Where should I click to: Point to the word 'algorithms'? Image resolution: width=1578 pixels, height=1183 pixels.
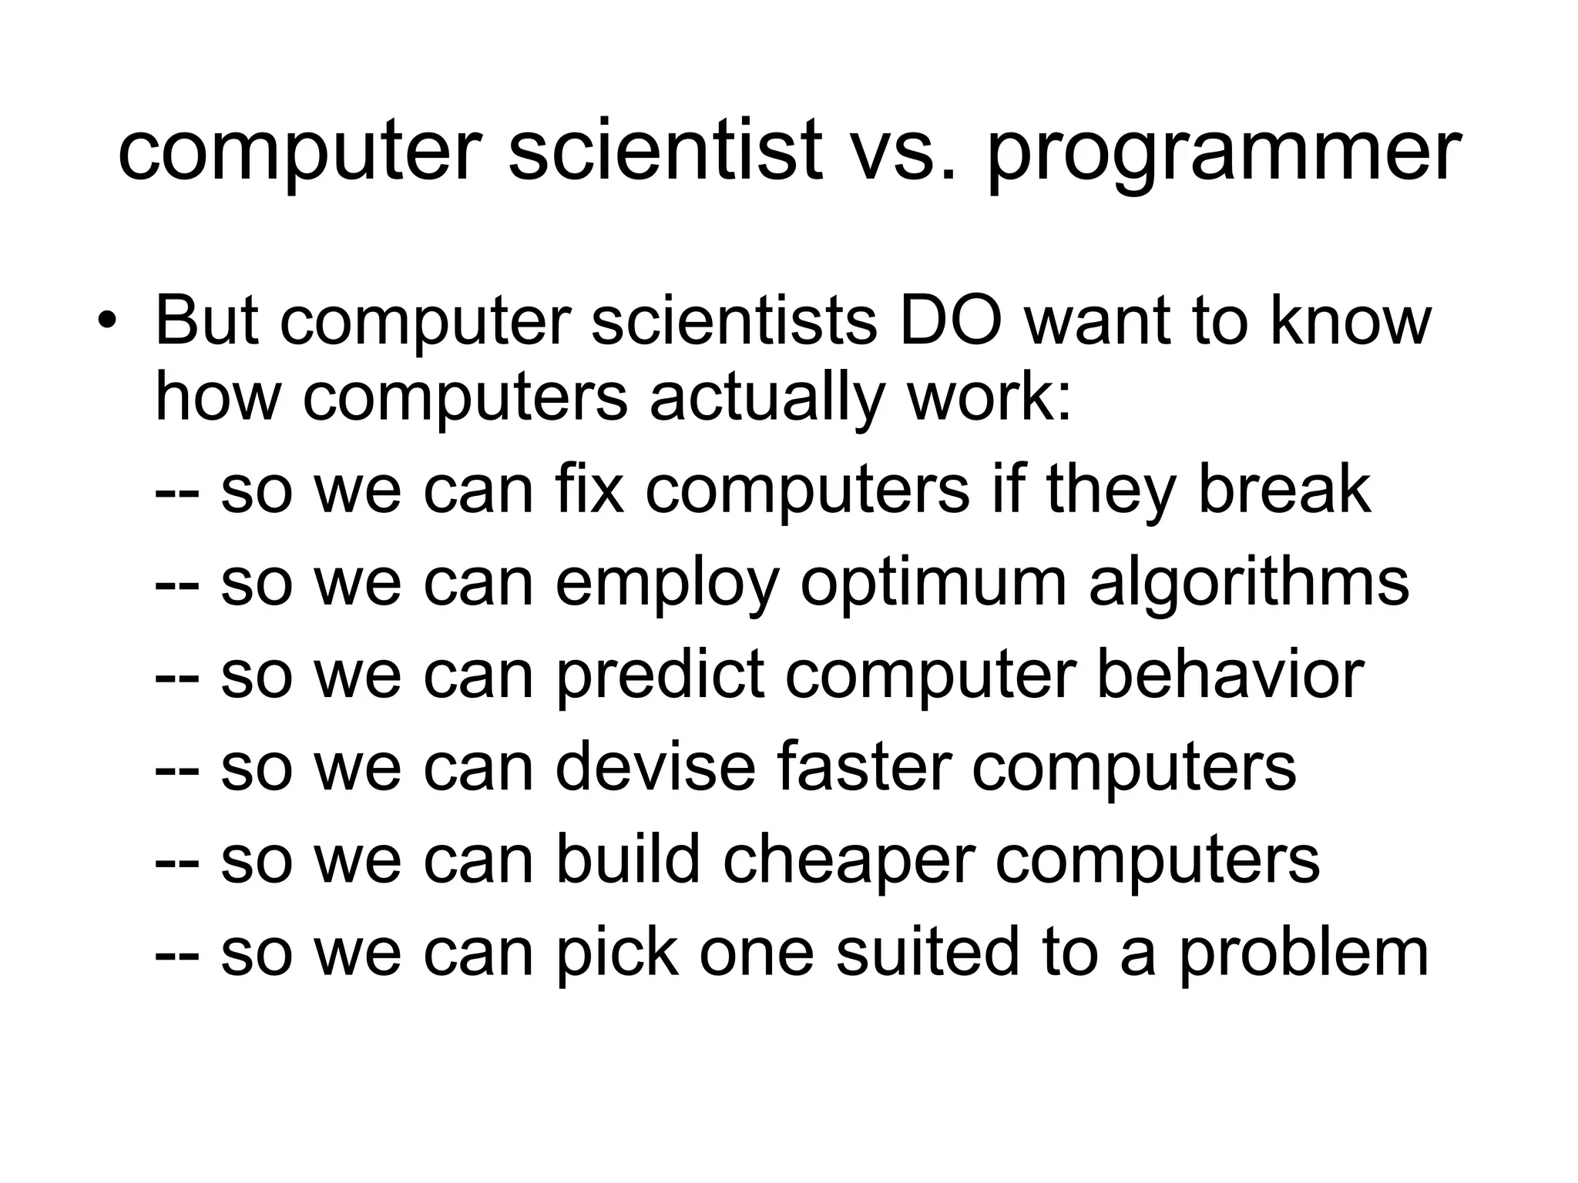(1249, 583)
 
